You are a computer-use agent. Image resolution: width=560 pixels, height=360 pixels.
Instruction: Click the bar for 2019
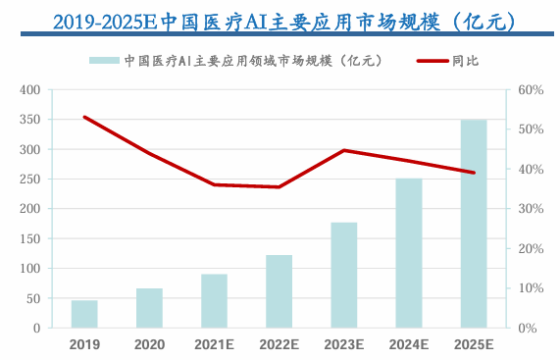click(84, 314)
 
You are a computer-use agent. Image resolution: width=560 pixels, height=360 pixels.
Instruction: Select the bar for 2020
click(149, 308)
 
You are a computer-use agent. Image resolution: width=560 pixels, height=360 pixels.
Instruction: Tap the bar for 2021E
click(214, 301)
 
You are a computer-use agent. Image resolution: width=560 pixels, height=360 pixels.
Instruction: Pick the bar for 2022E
click(279, 291)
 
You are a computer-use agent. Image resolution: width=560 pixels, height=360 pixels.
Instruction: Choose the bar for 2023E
click(344, 275)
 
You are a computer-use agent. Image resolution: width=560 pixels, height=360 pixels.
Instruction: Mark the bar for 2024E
click(409, 253)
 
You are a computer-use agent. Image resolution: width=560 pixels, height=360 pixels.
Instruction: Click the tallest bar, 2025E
click(474, 224)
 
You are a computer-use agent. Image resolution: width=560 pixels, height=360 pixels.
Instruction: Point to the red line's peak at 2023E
click(344, 150)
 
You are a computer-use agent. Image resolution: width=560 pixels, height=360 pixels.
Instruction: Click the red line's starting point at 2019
click(84, 117)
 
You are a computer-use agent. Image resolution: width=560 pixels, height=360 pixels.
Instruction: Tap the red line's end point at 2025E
click(474, 173)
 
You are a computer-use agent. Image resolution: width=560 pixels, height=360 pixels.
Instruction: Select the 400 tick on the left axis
click(29, 90)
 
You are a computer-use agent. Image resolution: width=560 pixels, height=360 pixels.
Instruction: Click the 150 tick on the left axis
click(29, 238)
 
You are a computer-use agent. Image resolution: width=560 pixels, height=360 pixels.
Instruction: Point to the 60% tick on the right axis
click(531, 90)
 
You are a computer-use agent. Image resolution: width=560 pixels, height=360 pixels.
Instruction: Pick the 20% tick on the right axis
click(531, 248)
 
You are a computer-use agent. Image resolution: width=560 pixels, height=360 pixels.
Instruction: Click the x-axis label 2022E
click(279, 344)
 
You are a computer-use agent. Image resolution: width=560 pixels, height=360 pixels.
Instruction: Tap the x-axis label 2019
click(84, 344)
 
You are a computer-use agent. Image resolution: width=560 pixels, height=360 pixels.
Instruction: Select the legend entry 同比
click(465, 61)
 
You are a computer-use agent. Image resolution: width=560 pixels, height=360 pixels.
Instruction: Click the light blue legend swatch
click(105, 61)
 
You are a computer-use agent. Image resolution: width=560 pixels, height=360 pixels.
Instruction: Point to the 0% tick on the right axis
click(527, 328)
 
